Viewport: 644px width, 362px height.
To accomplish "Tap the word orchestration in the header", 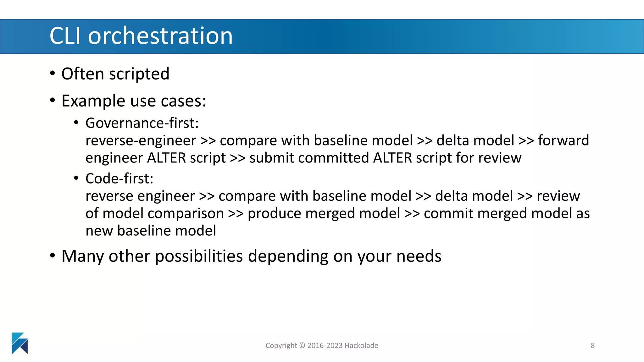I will pyautogui.click(x=160, y=36).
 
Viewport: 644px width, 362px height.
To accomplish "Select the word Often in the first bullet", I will pyautogui.click(x=83, y=74).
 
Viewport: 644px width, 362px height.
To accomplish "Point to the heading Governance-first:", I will pyautogui.click(x=142, y=123).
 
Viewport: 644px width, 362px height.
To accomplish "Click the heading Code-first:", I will pyautogui.click(x=119, y=178).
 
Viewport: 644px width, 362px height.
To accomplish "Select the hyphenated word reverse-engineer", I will pyautogui.click(x=141, y=140).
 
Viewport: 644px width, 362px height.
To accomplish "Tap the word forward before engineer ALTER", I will pyautogui.click(x=563, y=140).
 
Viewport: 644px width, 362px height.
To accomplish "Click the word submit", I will pyautogui.click(x=271, y=158).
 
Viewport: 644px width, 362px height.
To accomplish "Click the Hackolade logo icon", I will pyautogui.click(x=20, y=343).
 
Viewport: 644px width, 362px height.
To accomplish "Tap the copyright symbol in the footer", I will pyautogui.click(x=302, y=345).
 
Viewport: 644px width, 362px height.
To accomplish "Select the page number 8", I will pyautogui.click(x=592, y=345).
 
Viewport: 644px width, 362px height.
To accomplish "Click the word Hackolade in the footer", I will pyautogui.click(x=361, y=345).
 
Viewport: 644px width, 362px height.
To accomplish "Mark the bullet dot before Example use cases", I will pyautogui.click(x=53, y=101).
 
